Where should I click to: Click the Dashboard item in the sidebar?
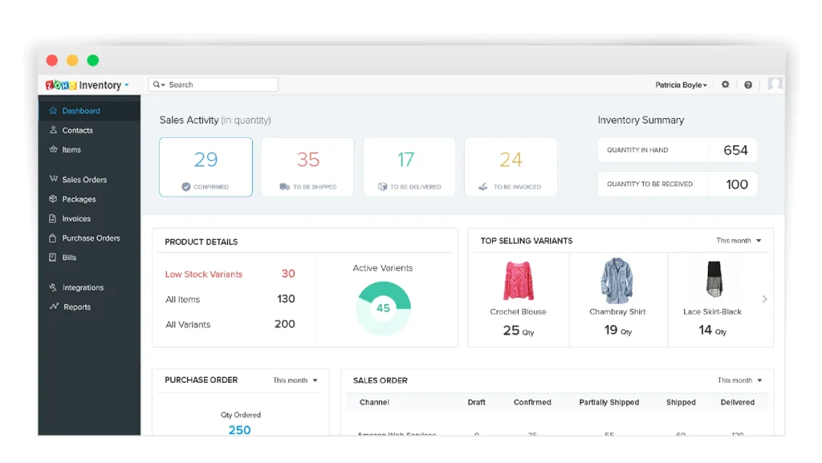coord(80,111)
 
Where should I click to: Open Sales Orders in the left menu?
coord(83,180)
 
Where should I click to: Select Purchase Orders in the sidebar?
coord(90,238)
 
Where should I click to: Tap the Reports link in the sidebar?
coord(76,307)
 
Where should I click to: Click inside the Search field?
coord(217,84)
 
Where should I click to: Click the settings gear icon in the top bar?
coord(726,84)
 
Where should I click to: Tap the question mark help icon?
coord(748,84)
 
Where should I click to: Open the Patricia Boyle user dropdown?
coord(682,84)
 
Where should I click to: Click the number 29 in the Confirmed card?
coord(205,160)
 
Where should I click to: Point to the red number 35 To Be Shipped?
coord(307,160)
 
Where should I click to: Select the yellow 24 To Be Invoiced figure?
coord(511,160)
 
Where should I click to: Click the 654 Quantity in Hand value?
coord(735,150)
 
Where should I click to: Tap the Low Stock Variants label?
coord(204,274)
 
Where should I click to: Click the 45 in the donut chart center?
coord(383,307)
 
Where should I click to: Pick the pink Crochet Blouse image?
coord(518,280)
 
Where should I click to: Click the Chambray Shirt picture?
coord(617,280)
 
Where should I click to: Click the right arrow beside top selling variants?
coord(764,299)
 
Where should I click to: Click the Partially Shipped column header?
coord(609,402)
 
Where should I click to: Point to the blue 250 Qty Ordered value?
coord(239,429)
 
